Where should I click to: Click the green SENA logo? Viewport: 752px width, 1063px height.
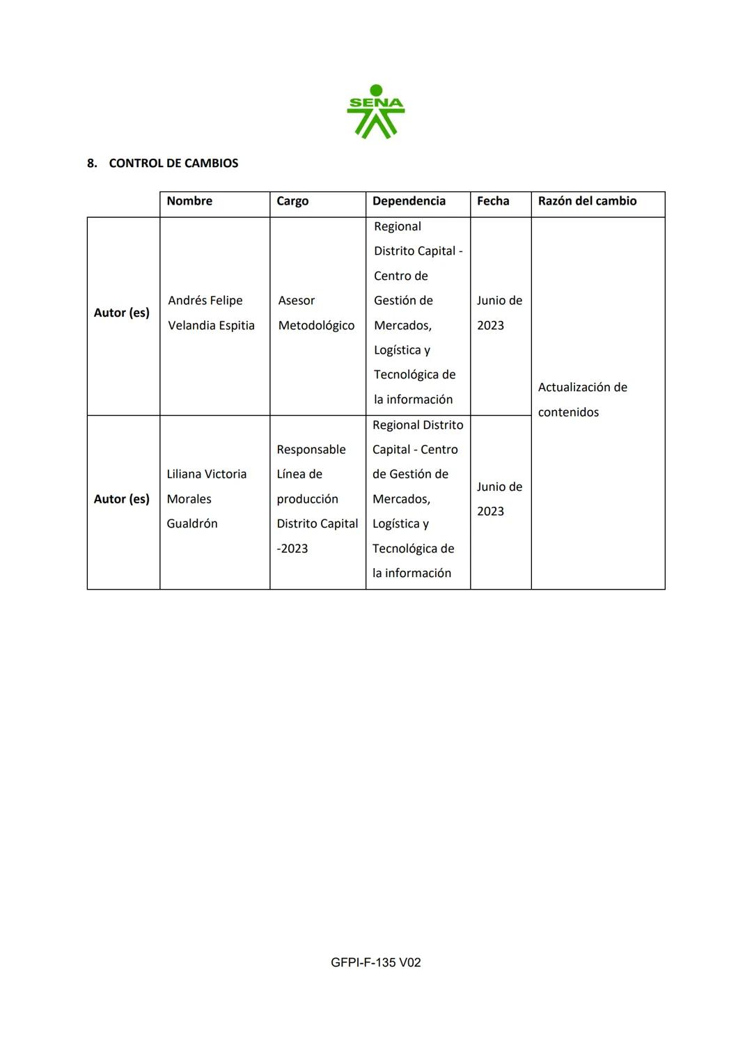pyautogui.click(x=376, y=112)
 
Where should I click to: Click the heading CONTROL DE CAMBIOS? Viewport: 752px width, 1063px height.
pyautogui.click(x=173, y=164)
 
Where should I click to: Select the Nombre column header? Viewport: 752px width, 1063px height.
pyautogui.click(x=189, y=201)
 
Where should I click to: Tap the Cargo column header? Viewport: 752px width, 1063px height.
pyautogui.click(x=292, y=201)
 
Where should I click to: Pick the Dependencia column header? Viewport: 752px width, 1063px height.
pyautogui.click(x=409, y=201)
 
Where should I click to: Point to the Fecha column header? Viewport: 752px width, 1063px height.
pyautogui.click(x=493, y=201)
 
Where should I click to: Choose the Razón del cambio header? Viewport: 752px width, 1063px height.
pyautogui.click(x=587, y=201)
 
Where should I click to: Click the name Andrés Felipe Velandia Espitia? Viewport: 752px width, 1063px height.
pyautogui.click(x=211, y=313)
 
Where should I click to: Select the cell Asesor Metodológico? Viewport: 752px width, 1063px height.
pyautogui.click(x=316, y=313)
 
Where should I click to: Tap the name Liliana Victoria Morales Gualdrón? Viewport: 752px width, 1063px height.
pyautogui.click(x=206, y=499)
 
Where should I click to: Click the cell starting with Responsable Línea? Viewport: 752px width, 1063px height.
pyautogui.click(x=317, y=499)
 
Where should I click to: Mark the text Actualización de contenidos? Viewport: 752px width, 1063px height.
pyautogui.click(x=582, y=400)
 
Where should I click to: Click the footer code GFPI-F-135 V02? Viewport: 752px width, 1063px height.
pyautogui.click(x=376, y=963)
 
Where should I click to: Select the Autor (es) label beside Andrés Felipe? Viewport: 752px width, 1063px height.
pyautogui.click(x=122, y=313)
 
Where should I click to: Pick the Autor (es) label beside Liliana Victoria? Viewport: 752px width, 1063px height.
pyautogui.click(x=122, y=499)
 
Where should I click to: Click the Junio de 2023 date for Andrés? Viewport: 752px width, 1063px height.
pyautogui.click(x=499, y=313)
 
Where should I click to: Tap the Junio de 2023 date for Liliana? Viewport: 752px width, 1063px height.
pyautogui.click(x=499, y=499)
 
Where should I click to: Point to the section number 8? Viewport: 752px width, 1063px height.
pyautogui.click(x=91, y=164)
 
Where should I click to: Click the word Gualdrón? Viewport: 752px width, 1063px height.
pyautogui.click(x=192, y=523)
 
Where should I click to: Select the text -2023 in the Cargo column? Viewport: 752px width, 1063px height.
pyautogui.click(x=292, y=549)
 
